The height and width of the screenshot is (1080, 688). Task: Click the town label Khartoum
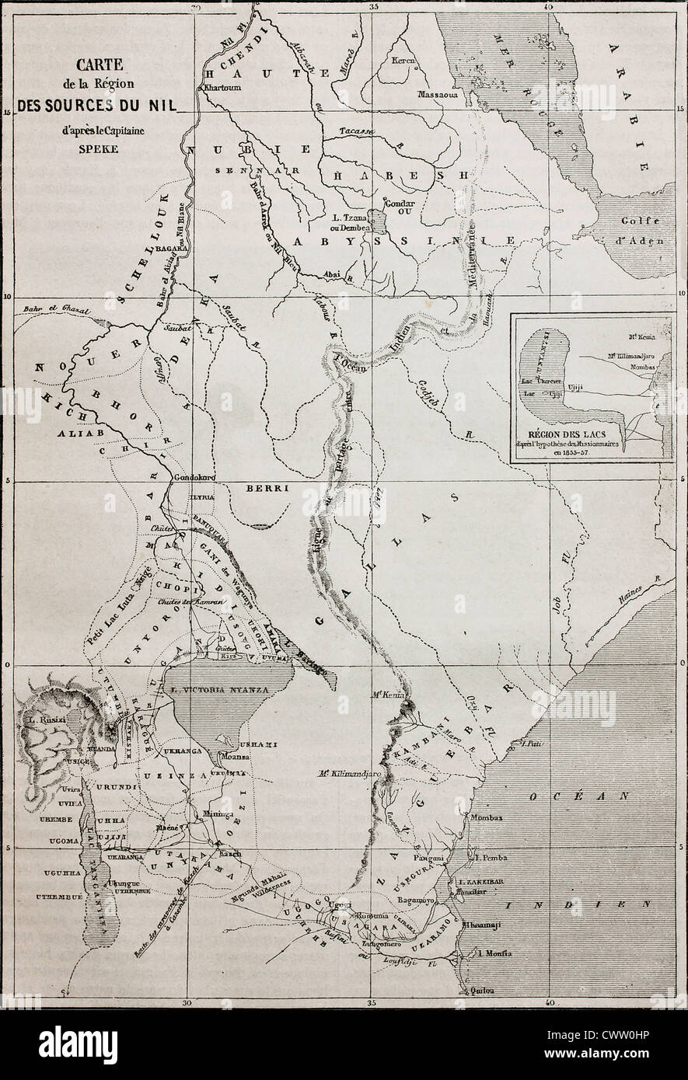[220, 88]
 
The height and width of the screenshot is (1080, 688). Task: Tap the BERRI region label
[267, 489]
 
